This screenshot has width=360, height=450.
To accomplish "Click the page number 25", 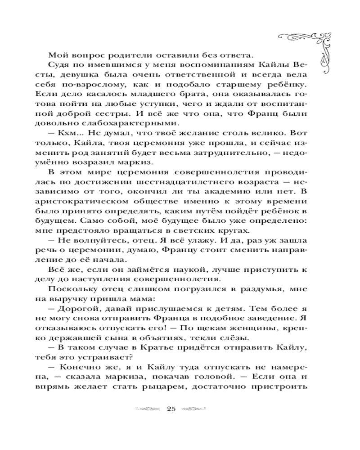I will point(171,409).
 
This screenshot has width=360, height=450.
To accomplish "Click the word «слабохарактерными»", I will point(130,124).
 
